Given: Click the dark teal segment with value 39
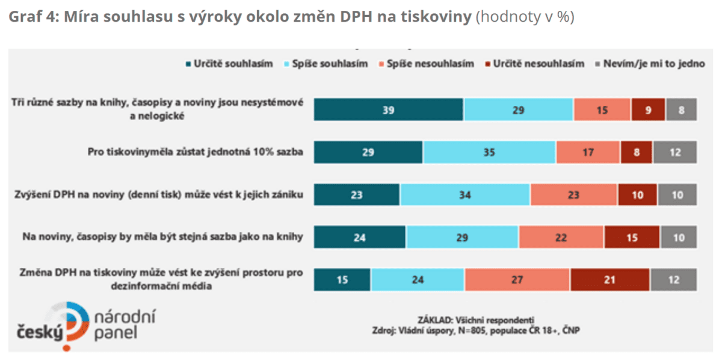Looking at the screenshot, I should [x=389, y=110].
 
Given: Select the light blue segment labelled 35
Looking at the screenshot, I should [x=489, y=152].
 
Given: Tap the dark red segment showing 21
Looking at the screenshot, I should [x=609, y=280].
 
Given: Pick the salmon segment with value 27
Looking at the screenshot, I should [x=517, y=280].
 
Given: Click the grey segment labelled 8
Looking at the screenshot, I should [x=681, y=110].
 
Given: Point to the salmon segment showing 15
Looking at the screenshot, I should [x=602, y=110].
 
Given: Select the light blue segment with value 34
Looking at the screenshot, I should [x=465, y=195].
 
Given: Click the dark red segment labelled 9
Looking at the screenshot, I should [x=648, y=110].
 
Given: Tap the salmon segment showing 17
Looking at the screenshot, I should [x=588, y=152].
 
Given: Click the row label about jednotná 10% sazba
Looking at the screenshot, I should [x=195, y=152].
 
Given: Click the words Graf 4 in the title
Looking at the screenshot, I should [x=30, y=17].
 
